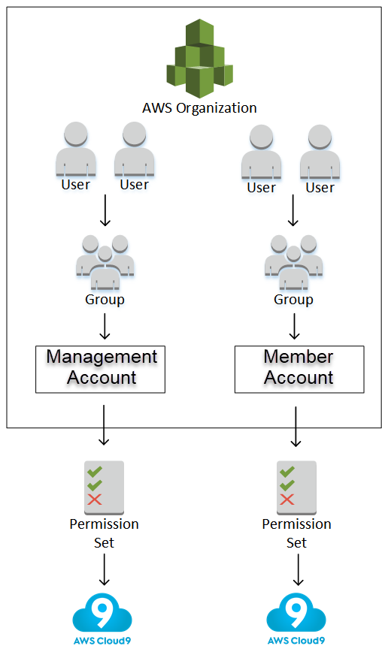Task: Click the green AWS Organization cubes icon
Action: [x=199, y=59]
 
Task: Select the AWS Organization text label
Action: [x=199, y=107]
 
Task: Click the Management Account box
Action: [x=101, y=369]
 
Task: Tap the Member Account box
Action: [x=299, y=369]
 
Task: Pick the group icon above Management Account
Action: [x=105, y=263]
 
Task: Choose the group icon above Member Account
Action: [x=293, y=263]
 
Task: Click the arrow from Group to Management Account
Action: [x=105, y=325]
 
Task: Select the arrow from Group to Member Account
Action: [x=294, y=325]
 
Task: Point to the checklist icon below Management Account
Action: [x=105, y=484]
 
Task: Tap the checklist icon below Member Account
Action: [x=296, y=484]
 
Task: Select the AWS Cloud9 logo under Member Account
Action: [x=297, y=617]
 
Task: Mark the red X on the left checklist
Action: [x=95, y=500]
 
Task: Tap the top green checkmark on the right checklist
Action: [x=286, y=471]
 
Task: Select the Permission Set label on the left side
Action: [x=105, y=533]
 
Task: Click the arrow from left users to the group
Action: [x=105, y=212]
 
